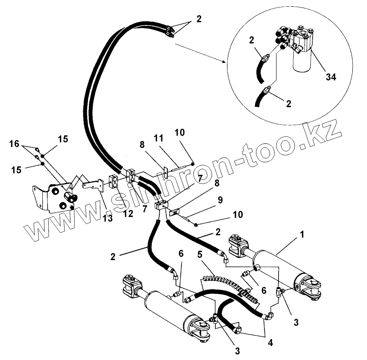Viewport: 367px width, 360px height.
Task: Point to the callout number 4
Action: click(x=270, y=342)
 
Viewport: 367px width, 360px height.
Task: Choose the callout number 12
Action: click(x=128, y=213)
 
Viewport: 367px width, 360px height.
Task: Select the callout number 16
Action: click(x=14, y=144)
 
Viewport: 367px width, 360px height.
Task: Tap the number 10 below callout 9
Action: click(x=238, y=214)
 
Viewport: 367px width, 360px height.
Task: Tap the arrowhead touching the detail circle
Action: click(x=224, y=62)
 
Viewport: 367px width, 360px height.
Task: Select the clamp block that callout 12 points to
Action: click(x=114, y=182)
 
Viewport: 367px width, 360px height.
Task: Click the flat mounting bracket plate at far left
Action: click(x=52, y=197)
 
